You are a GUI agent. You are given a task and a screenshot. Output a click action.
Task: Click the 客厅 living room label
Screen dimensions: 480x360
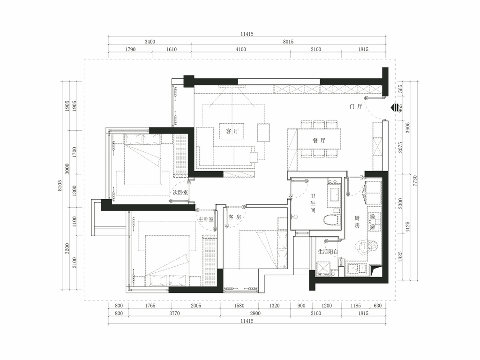232,131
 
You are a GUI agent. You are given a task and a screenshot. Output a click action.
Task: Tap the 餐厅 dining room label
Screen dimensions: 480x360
319,141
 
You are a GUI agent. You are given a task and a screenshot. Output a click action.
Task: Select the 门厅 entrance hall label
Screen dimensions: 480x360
356,106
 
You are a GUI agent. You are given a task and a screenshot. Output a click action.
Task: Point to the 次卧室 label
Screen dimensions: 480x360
180,192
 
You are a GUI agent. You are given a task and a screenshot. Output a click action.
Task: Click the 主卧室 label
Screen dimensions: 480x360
206,219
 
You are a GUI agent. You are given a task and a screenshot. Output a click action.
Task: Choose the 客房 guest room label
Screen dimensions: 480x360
235,217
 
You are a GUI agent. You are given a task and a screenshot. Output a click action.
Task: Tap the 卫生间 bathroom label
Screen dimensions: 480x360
313,203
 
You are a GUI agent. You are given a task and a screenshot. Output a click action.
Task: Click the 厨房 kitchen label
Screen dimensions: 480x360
357,222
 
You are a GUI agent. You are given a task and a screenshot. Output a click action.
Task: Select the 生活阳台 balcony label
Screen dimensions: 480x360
328,252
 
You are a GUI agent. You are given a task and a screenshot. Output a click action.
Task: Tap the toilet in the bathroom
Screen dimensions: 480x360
332,220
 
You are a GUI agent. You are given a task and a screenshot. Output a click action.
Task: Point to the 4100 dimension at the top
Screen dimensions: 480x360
241,49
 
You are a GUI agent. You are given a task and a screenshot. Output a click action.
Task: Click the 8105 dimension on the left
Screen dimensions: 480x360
60,186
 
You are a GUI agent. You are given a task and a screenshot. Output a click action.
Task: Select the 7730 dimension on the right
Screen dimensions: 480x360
415,180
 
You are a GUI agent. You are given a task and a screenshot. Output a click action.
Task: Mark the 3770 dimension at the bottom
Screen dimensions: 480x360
174,313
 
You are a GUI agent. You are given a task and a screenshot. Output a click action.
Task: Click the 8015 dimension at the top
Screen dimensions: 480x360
288,42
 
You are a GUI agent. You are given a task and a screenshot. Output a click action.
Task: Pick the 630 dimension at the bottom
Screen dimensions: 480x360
378,306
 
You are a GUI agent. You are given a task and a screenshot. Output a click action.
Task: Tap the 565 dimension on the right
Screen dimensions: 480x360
400,89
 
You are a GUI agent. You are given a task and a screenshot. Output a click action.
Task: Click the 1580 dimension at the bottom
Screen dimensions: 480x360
239,306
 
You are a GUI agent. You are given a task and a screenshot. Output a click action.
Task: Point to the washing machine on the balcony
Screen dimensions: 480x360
323,269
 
